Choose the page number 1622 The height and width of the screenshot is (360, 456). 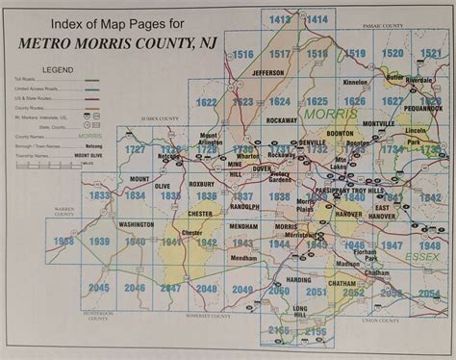(206, 101)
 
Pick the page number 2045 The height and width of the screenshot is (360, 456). (98, 287)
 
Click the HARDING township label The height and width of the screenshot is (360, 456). (285, 280)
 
